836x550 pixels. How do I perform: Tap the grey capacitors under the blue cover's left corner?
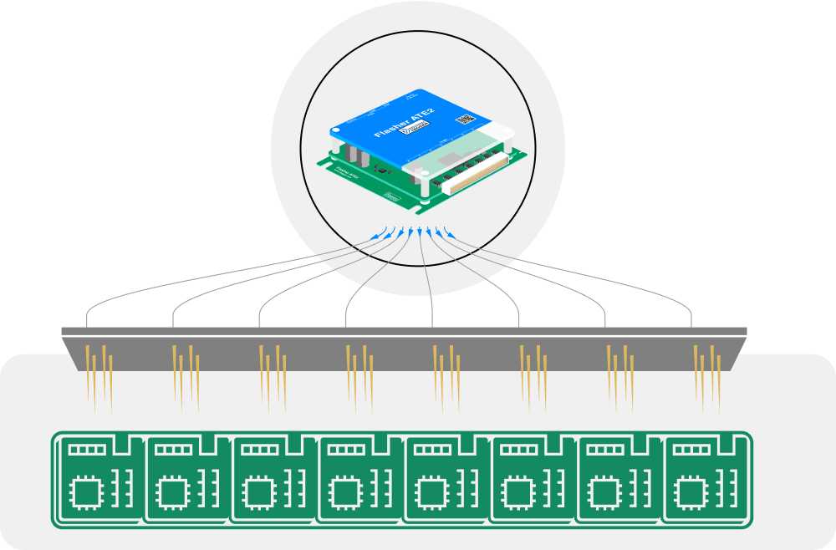tap(358, 155)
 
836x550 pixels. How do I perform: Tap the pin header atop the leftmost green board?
tap(87, 449)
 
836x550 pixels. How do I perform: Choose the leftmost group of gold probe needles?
tap(99, 376)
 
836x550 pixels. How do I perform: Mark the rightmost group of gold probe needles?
tap(706, 376)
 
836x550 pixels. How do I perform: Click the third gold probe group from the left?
tap(273, 376)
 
